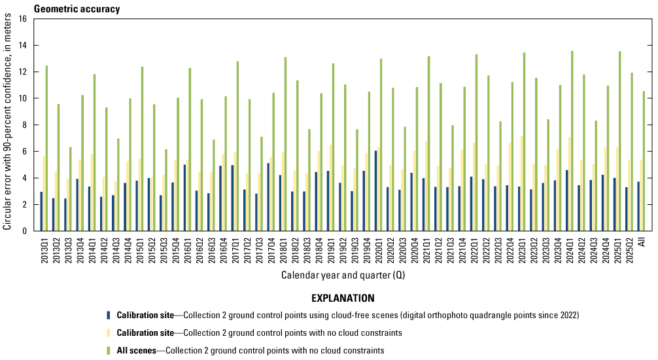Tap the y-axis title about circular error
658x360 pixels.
(x=7, y=125)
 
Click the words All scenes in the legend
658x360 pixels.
(x=137, y=350)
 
